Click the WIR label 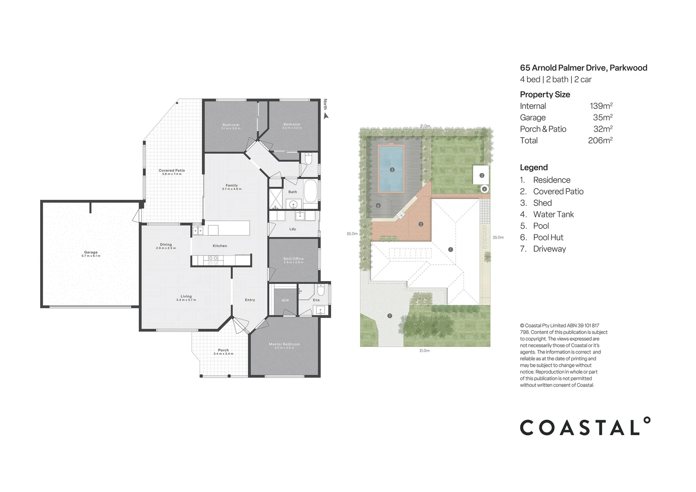click(x=285, y=300)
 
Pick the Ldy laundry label click(x=292, y=229)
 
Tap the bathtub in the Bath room click(x=311, y=191)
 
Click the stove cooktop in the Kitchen click(x=213, y=260)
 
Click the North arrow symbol click(x=326, y=116)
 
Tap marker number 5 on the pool click(x=392, y=170)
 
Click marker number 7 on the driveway click(x=389, y=316)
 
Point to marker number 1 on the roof click(x=450, y=249)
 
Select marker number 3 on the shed click(x=481, y=175)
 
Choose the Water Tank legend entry click(x=553, y=214)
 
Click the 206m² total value click(x=600, y=140)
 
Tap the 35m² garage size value click(x=602, y=118)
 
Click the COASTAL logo click(x=585, y=427)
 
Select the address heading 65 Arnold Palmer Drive click(x=583, y=68)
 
